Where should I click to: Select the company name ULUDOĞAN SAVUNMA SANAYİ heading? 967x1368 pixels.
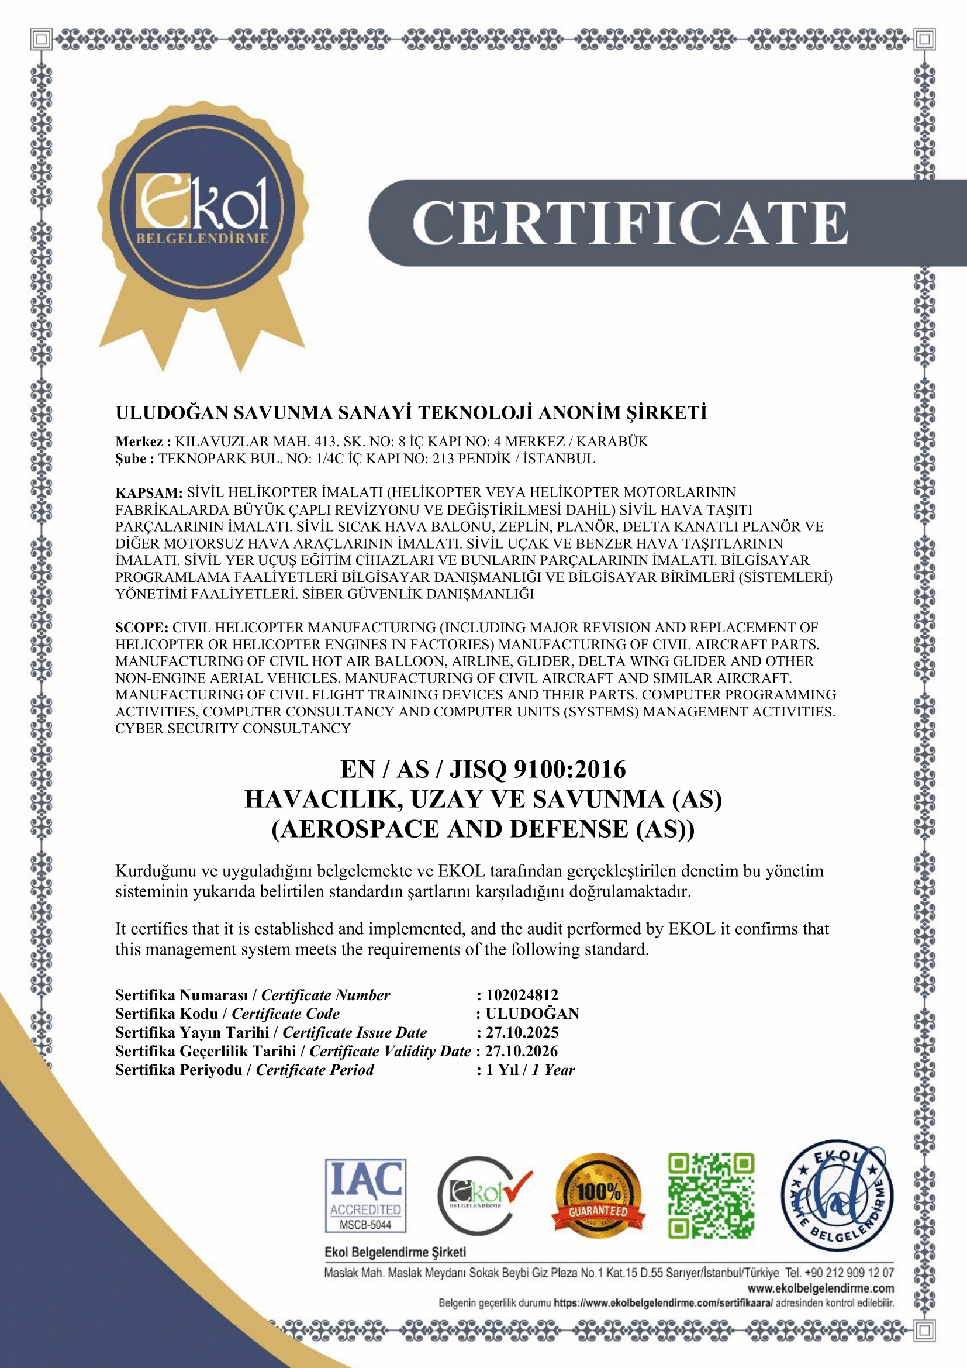[x=411, y=413]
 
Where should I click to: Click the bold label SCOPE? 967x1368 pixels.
[x=141, y=628]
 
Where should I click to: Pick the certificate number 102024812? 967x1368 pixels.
[x=522, y=994]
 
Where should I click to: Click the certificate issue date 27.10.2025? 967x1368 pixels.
[x=522, y=1032]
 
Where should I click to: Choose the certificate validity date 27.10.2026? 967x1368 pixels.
[x=522, y=1051]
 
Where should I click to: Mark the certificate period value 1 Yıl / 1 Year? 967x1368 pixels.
[x=530, y=1070]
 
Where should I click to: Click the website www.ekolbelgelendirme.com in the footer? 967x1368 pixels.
[x=820, y=1288]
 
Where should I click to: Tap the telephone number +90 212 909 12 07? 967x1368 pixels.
[x=849, y=1273]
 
